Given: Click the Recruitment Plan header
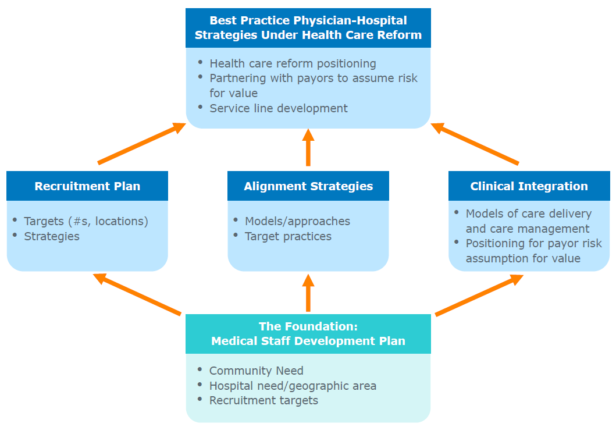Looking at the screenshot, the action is click(x=87, y=186).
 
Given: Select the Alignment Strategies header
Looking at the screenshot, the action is click(x=308, y=186).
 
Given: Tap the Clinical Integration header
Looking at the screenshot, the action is click(x=529, y=186).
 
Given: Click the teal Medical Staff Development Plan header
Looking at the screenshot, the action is click(x=308, y=334).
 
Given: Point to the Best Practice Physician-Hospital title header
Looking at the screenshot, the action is click(x=308, y=28).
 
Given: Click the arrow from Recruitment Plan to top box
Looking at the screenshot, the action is click(x=141, y=143).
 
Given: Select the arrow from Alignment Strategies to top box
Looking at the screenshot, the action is click(x=308, y=147).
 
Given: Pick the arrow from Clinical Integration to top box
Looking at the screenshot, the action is click(x=475, y=143).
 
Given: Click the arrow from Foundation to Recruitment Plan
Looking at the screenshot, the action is click(x=137, y=294).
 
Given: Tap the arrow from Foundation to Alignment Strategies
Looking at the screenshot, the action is click(x=308, y=293).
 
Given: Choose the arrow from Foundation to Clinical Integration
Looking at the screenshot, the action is click(x=479, y=295).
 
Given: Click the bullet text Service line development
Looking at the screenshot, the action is click(x=279, y=108).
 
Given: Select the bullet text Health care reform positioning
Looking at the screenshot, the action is click(x=293, y=63).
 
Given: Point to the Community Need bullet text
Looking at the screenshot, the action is click(x=256, y=371).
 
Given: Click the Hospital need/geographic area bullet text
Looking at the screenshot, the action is click(x=293, y=386).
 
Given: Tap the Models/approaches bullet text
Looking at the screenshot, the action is click(x=297, y=222).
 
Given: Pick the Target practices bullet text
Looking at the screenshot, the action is click(x=288, y=236).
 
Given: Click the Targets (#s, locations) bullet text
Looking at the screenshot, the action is click(x=86, y=222).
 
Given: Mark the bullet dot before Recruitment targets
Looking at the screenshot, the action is click(x=200, y=400).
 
